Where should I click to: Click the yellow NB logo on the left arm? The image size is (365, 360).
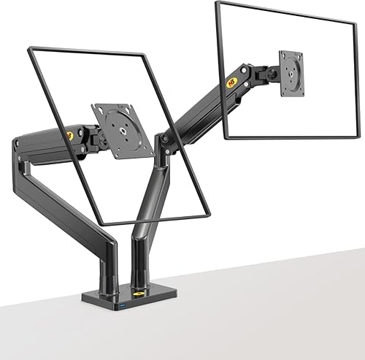coord(69,135)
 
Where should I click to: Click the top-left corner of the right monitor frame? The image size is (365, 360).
coord(217,2)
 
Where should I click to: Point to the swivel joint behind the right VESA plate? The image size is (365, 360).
coord(273,73)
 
